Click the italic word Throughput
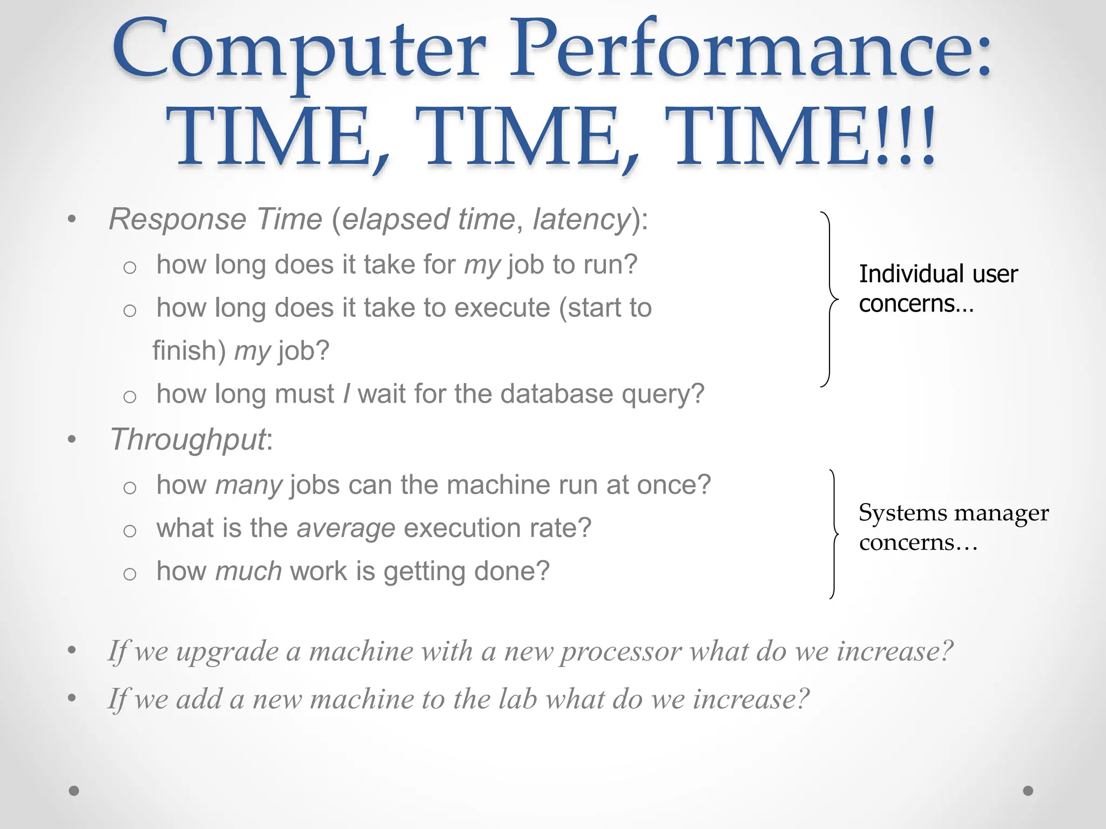click(x=188, y=440)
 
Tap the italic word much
click(x=248, y=572)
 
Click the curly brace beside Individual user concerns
click(x=829, y=299)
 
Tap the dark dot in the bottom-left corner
click(x=74, y=791)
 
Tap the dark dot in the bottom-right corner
click(x=1028, y=791)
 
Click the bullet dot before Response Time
click(x=72, y=220)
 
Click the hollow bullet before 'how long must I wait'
click(x=130, y=397)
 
